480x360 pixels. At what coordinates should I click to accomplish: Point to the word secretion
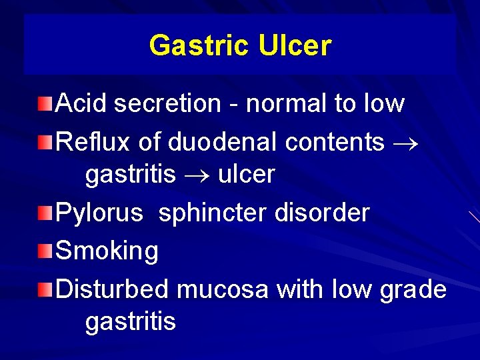coord(167,103)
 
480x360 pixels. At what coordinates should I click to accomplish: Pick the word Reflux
coord(93,141)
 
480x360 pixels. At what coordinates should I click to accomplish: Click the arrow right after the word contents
coord(407,143)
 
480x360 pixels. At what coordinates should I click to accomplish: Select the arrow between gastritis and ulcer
coord(197,175)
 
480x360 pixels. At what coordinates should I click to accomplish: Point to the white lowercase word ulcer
coord(246,174)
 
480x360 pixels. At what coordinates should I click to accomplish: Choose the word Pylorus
coord(99,213)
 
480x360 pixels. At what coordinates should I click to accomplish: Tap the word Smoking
coord(107,251)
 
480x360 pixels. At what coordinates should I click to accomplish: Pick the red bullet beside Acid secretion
coord(44,104)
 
